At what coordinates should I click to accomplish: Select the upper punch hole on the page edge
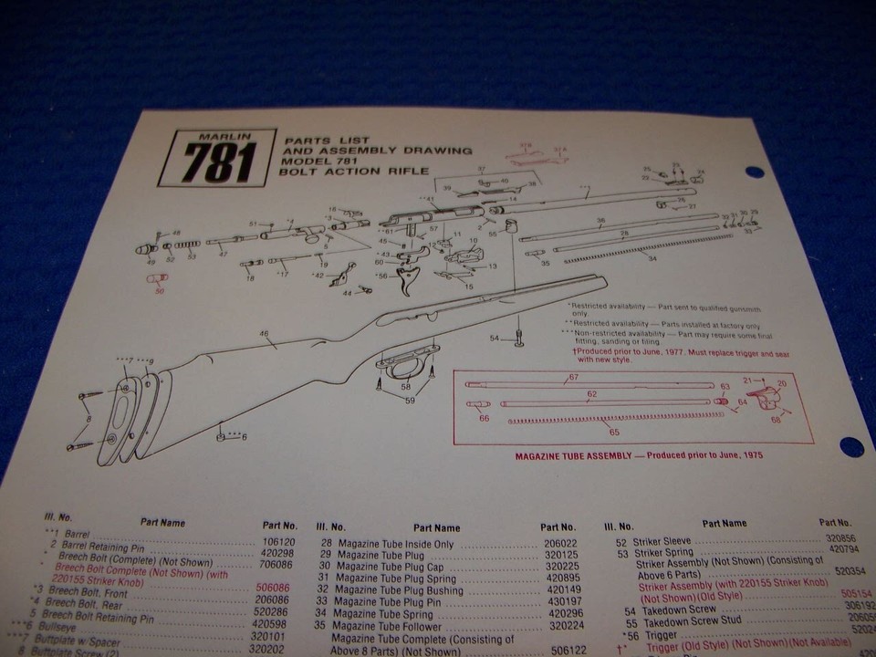[x=754, y=172]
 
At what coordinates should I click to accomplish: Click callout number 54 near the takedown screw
[x=494, y=339]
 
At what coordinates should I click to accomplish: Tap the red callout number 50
[x=161, y=291]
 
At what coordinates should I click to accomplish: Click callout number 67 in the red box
[x=574, y=377]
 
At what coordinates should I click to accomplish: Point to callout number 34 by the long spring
[x=652, y=259]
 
